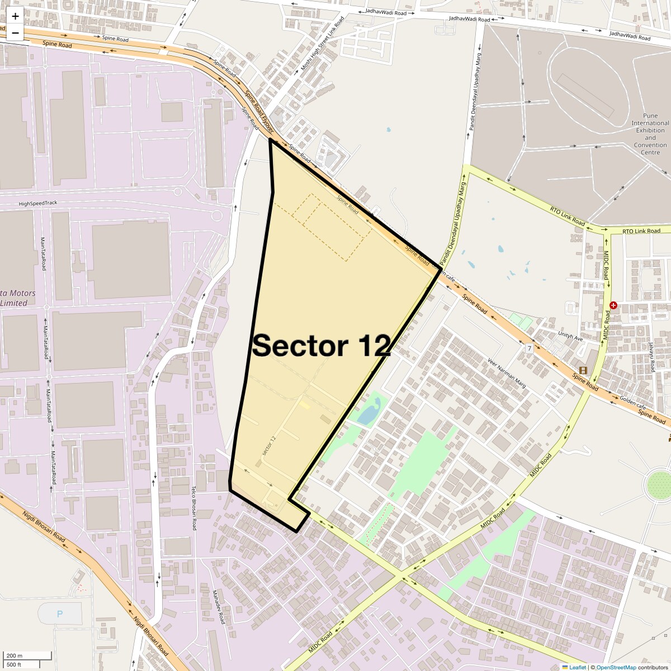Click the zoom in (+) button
[15, 16]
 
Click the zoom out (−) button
[15, 32]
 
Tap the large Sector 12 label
[321, 346]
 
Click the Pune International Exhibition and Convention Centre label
[650, 134]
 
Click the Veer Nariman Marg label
[507, 372]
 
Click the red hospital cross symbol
[613, 305]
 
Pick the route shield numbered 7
[529, 348]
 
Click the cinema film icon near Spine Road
[583, 370]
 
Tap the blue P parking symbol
[60, 614]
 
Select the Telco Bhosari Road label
[194, 508]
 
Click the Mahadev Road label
[218, 607]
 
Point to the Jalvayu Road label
[652, 357]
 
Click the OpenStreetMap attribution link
[616, 667]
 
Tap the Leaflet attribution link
[577, 667]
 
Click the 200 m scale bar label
[15, 655]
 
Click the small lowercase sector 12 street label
[269, 446]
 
